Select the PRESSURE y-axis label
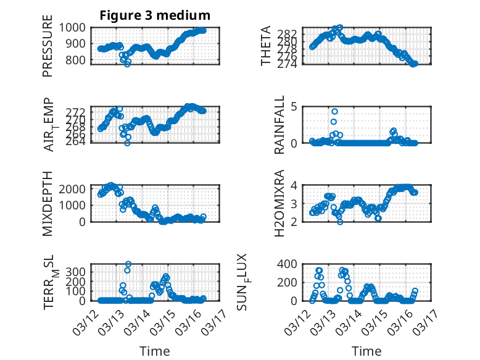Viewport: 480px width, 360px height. coord(48,50)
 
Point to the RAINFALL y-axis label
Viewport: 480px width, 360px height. coord(279,125)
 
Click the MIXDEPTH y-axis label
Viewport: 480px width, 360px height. coord(48,203)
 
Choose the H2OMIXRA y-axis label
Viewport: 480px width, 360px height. coord(279,203)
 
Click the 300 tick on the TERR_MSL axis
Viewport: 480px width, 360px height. coord(80,272)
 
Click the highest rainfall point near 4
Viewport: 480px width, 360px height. coord(334,112)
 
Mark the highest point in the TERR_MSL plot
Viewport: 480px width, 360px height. coord(128,264)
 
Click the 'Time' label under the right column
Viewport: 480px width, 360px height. coord(366,351)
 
